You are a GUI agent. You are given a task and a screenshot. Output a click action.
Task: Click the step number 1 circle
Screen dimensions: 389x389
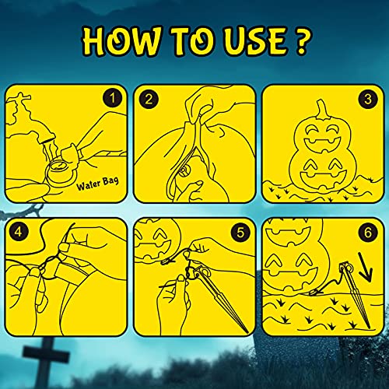(112, 98)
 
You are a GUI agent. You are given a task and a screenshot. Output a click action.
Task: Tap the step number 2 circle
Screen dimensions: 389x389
(149, 99)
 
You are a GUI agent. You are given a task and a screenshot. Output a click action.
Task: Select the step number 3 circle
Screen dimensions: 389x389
(368, 99)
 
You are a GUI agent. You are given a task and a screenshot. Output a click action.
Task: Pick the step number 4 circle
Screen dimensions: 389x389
(18, 232)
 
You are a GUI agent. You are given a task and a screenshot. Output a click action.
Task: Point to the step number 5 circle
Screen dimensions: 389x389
(240, 233)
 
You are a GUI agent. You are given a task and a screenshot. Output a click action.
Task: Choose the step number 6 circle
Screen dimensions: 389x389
(368, 233)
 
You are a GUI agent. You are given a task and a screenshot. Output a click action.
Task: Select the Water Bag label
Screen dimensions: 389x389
(98, 183)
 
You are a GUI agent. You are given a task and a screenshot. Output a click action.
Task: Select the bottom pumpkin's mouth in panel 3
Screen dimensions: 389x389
(323, 179)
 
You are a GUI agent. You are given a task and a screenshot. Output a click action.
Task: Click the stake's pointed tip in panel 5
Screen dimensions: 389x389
(246, 331)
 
